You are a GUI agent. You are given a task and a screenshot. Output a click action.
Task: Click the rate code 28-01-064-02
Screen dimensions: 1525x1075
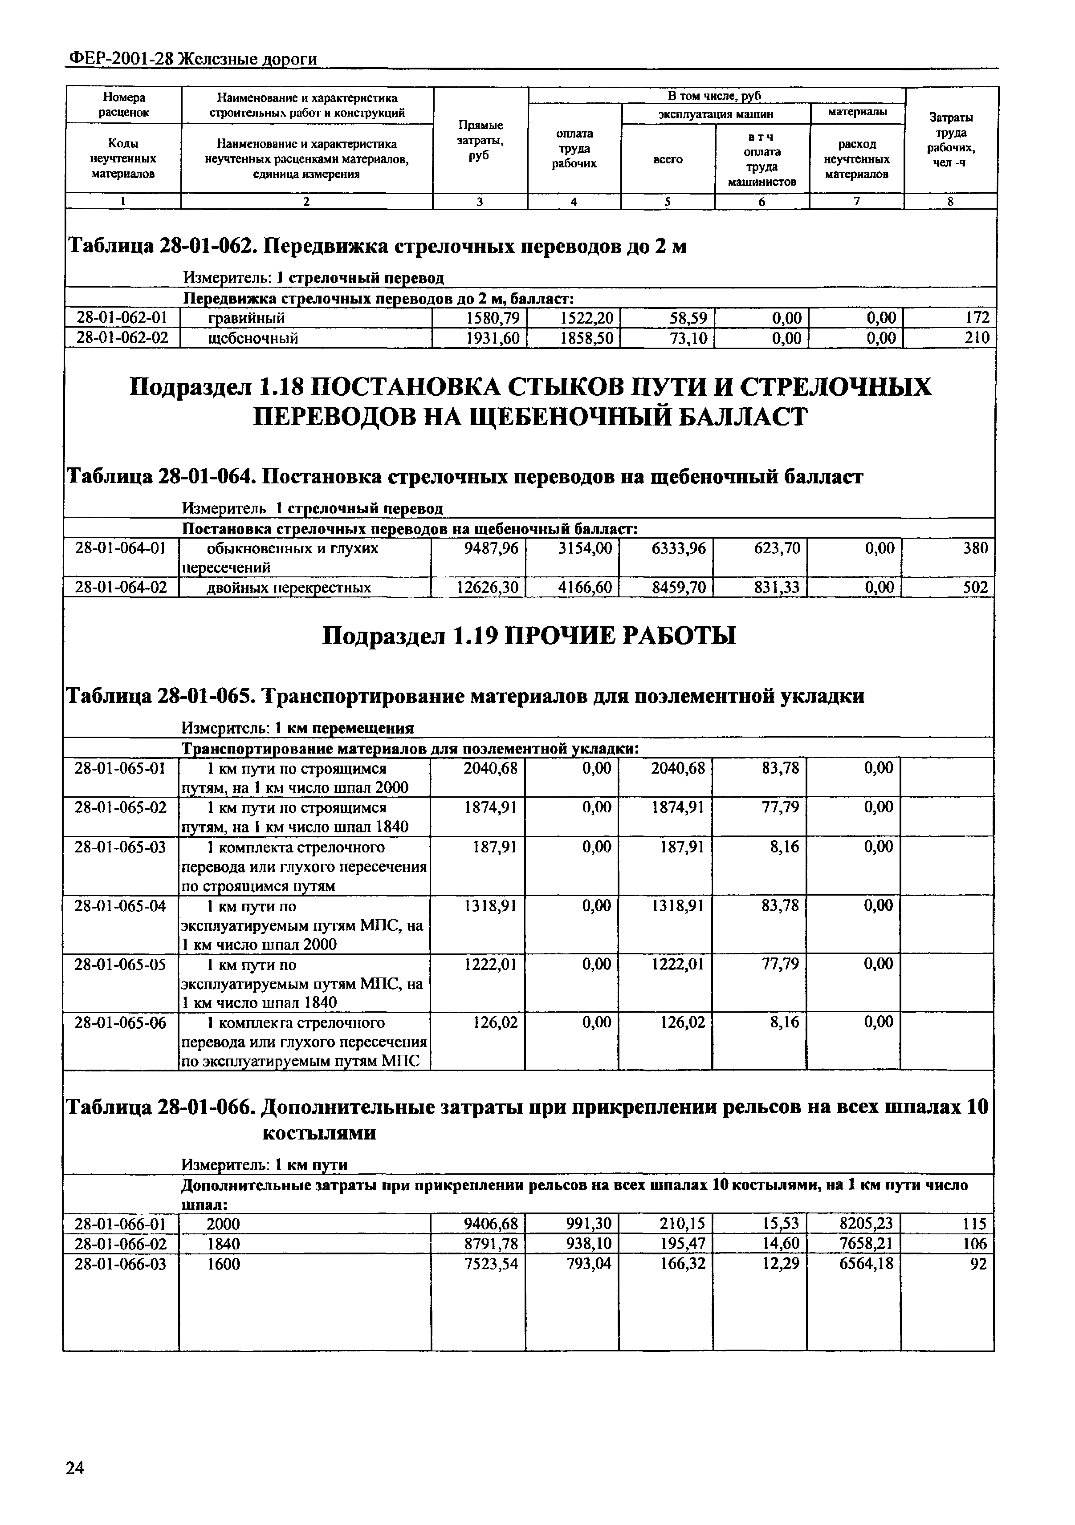click(121, 587)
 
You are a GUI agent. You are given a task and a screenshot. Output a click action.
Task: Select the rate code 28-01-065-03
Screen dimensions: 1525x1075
click(121, 847)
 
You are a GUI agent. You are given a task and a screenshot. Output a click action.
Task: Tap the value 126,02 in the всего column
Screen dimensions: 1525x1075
click(678, 1022)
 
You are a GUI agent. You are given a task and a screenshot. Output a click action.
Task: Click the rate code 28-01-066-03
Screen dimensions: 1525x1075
click(121, 1264)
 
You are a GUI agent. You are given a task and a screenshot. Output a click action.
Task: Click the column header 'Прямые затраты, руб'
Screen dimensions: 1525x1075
click(480, 141)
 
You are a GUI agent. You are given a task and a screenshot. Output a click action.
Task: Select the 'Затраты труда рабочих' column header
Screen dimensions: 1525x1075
click(951, 140)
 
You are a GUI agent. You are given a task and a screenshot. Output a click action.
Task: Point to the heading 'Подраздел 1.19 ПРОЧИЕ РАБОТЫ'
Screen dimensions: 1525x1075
click(529, 636)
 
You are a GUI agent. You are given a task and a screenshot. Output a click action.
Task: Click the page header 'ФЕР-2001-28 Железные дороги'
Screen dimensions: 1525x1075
click(193, 59)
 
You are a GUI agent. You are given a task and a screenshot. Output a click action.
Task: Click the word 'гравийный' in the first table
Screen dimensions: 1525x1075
click(247, 318)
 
